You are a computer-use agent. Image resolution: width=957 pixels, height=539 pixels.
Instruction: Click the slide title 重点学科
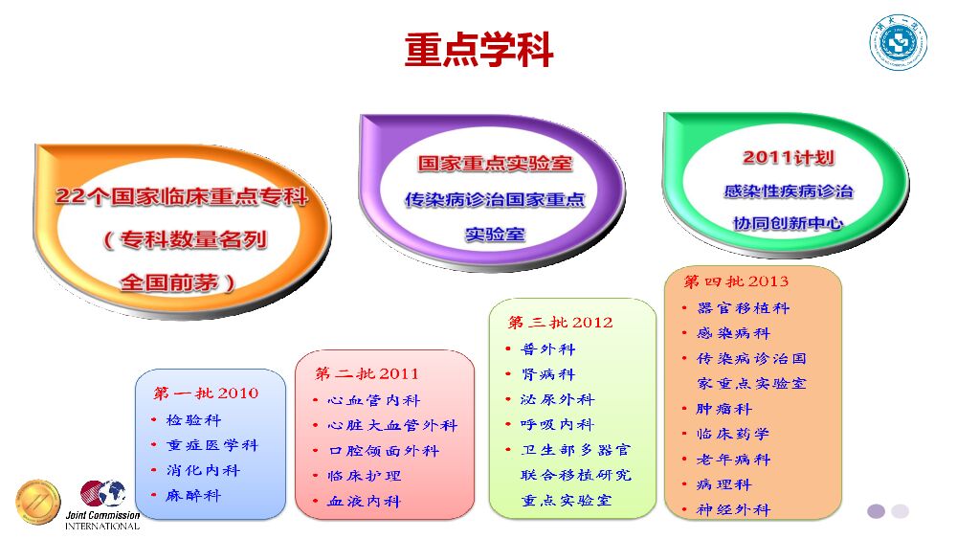pos(478,50)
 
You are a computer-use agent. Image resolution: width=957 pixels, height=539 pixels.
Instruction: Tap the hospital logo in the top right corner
pos(897,42)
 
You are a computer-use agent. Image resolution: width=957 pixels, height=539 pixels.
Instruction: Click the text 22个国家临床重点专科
pos(182,196)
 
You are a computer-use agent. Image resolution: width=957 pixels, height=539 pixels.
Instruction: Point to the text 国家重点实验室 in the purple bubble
pos(495,164)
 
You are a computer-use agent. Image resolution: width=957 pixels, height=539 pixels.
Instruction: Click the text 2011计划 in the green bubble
pos(788,157)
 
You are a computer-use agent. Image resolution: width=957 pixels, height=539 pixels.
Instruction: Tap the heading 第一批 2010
pos(206,393)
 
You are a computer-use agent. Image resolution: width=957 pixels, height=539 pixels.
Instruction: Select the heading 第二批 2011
pos(367,373)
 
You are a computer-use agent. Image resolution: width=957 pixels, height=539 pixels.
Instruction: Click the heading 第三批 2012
pos(560,322)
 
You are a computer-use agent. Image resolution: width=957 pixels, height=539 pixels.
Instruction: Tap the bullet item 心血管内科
pos(373,400)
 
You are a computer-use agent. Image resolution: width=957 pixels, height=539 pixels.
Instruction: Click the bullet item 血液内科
pos(364,501)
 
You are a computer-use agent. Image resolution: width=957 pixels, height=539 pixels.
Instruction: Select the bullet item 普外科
pos(547,349)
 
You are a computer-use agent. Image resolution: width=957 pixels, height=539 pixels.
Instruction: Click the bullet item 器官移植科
pos(743,308)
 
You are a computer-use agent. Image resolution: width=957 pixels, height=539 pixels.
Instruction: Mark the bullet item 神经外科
pos(733,509)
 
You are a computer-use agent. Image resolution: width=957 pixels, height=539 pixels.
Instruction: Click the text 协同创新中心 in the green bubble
pos(788,222)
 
